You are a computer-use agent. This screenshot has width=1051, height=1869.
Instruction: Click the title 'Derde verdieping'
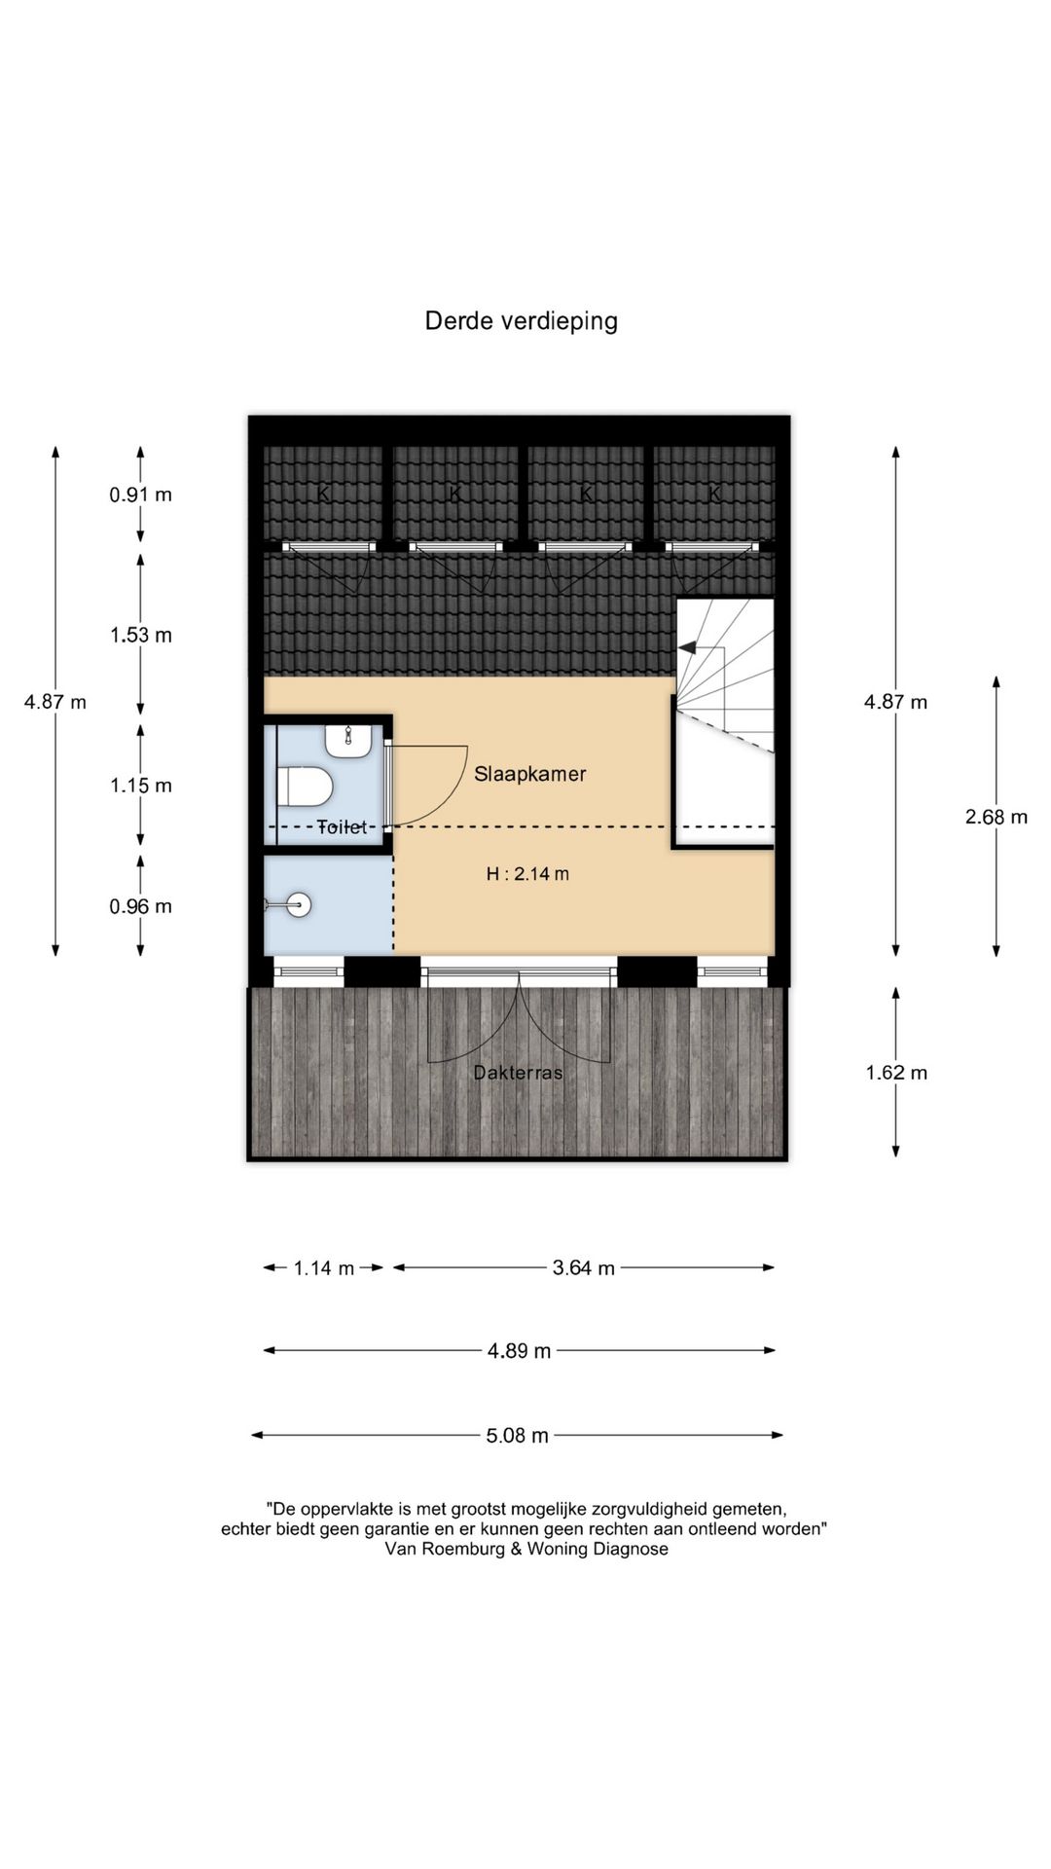tap(521, 321)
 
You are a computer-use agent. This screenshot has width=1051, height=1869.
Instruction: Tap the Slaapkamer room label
tap(530, 775)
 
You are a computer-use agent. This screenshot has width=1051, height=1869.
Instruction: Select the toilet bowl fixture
tap(306, 787)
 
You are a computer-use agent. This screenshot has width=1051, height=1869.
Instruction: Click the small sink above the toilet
tap(347, 741)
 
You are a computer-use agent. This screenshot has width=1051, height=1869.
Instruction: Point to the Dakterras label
tap(518, 1073)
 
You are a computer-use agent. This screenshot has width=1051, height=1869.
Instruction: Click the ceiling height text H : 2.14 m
tap(527, 874)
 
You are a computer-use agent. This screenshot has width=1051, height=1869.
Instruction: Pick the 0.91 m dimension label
tap(140, 495)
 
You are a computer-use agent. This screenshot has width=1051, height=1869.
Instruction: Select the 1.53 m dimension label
tap(140, 636)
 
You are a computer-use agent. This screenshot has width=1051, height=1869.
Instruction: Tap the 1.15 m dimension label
tap(140, 786)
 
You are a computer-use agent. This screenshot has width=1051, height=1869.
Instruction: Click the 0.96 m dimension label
tap(140, 906)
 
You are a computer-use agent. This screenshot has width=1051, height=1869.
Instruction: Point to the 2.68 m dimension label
tap(997, 817)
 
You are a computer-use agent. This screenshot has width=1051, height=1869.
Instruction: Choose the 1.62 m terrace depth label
tap(896, 1073)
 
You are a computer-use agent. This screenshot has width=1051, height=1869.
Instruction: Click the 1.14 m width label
tap(324, 1268)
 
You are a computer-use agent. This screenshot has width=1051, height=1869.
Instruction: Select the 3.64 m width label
tap(584, 1268)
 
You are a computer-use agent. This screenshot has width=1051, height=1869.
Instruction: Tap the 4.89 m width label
tap(520, 1351)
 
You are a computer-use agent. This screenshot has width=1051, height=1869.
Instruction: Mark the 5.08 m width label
tap(518, 1436)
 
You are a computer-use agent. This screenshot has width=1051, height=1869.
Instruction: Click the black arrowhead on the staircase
tap(687, 647)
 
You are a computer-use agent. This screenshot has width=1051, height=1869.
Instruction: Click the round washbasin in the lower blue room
tap(300, 905)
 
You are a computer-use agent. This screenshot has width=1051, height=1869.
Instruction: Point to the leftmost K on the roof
tap(324, 495)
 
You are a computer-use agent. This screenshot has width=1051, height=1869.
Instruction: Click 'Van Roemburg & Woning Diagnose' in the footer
tap(526, 1549)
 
